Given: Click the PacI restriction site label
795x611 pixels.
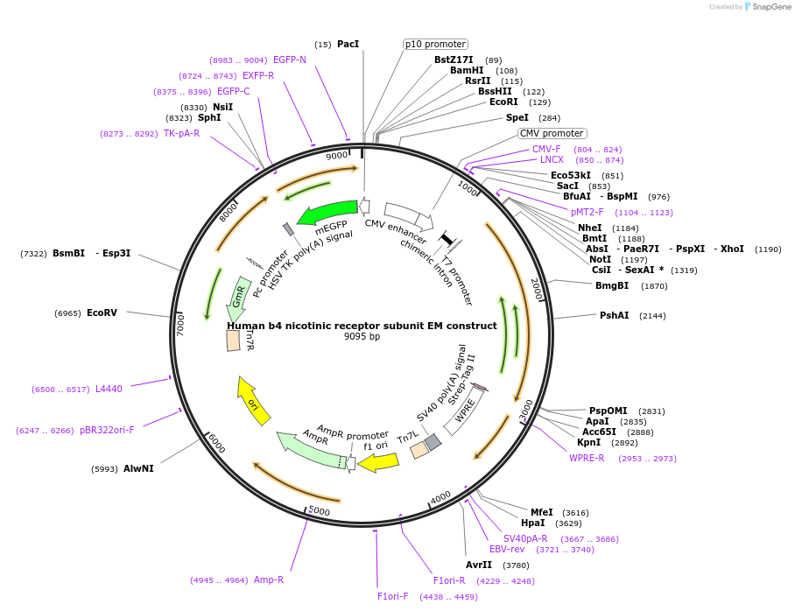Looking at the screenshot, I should click(x=348, y=44).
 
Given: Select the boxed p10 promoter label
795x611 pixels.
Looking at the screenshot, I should click(x=435, y=44).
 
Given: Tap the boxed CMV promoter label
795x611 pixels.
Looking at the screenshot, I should click(x=552, y=134).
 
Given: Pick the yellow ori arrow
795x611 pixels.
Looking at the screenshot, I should click(x=254, y=402).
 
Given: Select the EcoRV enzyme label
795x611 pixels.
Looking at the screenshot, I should click(x=102, y=313).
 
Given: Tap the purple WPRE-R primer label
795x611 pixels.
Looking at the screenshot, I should click(x=587, y=458).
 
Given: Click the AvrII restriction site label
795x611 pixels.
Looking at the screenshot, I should click(x=479, y=565).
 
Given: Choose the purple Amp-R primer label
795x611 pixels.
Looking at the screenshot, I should click(x=269, y=579).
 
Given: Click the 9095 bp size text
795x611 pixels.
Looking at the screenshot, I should click(x=362, y=337).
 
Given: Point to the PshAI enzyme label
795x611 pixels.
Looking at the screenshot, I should click(x=614, y=315).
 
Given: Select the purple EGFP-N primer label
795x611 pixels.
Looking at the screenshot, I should click(x=290, y=60).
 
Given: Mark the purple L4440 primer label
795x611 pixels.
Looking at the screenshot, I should click(x=109, y=389).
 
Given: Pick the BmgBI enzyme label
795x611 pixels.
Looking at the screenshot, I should click(x=612, y=285).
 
